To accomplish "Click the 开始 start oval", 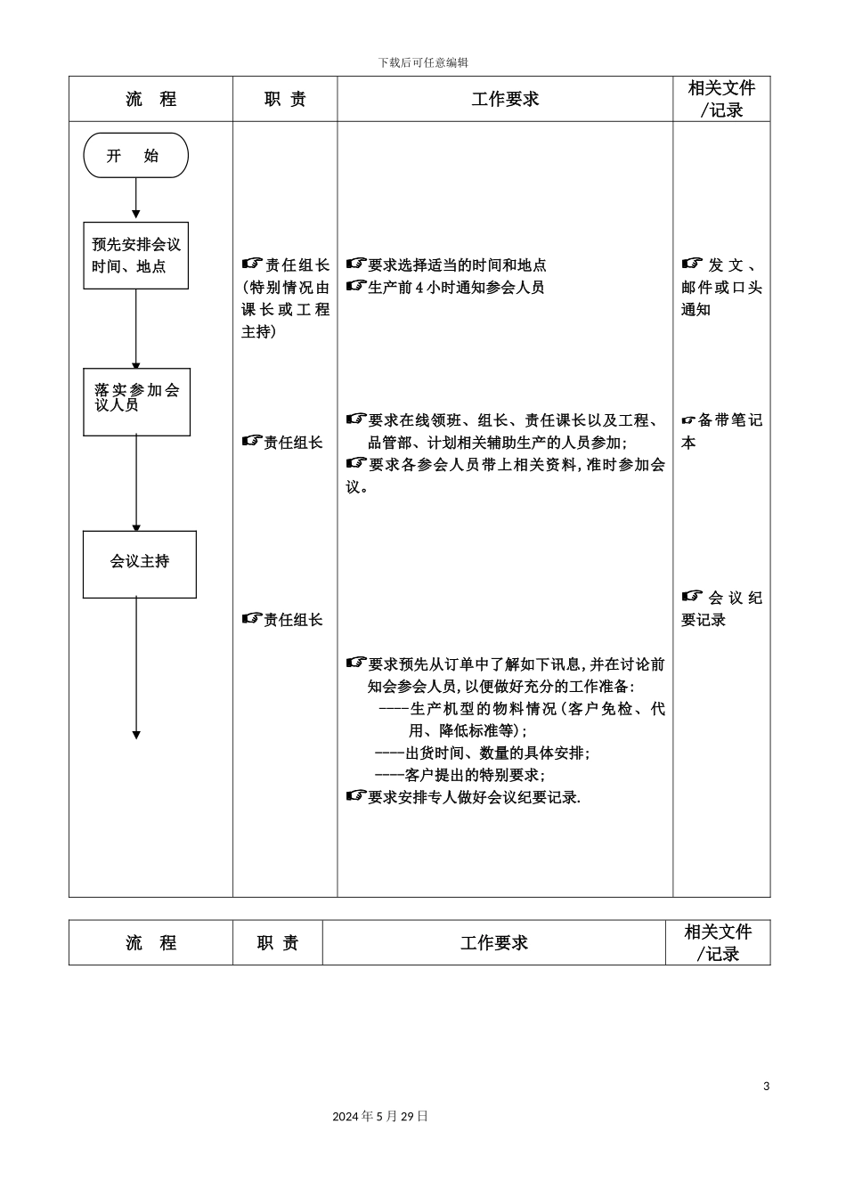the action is point(135,156).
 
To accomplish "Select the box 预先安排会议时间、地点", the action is point(135,256).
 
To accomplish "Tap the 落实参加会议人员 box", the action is point(136,402).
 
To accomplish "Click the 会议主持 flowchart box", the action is point(139,564).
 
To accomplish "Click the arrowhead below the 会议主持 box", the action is point(136,735).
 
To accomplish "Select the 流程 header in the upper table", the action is point(150,99).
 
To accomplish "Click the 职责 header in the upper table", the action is point(285,99).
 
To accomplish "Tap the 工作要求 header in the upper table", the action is point(505,99).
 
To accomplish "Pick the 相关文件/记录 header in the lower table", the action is point(718,942).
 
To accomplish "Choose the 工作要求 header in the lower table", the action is point(493,942).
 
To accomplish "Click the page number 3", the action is point(766,1086).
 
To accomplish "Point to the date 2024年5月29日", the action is point(380,1116).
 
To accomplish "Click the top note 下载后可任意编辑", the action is point(423,62).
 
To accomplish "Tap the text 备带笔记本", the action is point(721,431).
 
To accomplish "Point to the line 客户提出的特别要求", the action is point(460,775).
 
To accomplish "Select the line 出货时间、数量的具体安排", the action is point(482,753).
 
